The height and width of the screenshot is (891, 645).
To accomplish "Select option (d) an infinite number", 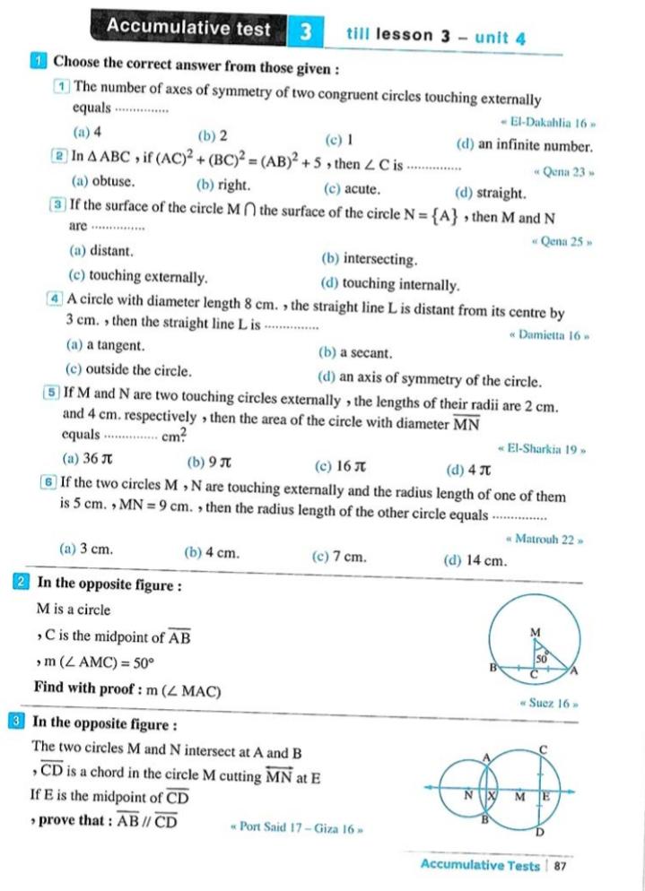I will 524,144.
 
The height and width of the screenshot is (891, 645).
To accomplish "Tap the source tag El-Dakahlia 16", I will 547,122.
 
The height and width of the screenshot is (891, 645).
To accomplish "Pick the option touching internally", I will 389,285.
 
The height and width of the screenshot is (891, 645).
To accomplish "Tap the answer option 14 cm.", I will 475,561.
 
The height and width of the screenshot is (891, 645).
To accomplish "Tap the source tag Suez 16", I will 548,704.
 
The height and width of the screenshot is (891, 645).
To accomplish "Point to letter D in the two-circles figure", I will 540,831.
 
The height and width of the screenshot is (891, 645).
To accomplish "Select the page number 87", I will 561,866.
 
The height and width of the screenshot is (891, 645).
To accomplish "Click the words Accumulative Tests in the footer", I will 480,866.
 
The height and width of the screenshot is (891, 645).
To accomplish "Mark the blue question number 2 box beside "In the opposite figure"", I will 21,583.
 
